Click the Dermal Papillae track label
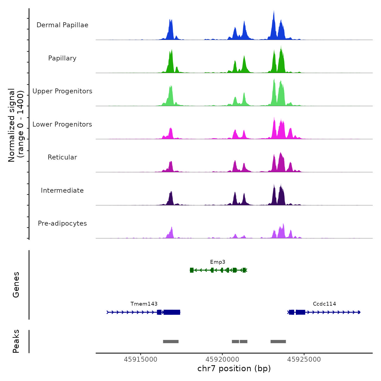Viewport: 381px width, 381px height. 62,25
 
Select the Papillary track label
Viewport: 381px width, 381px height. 62,58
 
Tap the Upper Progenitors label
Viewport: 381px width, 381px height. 62,91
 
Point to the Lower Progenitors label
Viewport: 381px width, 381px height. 62,124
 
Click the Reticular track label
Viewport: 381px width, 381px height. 62,157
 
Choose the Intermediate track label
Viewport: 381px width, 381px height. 62,190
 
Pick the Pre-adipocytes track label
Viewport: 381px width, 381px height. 62,223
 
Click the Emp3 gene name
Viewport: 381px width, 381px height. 218,262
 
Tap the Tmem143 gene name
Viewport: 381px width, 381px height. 144,304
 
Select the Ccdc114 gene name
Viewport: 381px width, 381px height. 324,304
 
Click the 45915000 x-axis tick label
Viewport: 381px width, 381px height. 140,360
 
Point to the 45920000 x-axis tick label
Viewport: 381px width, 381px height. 222,360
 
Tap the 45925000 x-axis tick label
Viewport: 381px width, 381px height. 304,360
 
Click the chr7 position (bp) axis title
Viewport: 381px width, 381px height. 234,368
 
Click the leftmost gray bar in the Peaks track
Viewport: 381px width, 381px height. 171,342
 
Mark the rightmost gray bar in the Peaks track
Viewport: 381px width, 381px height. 278,342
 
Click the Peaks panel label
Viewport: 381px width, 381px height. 16,341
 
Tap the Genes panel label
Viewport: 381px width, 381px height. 16,285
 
